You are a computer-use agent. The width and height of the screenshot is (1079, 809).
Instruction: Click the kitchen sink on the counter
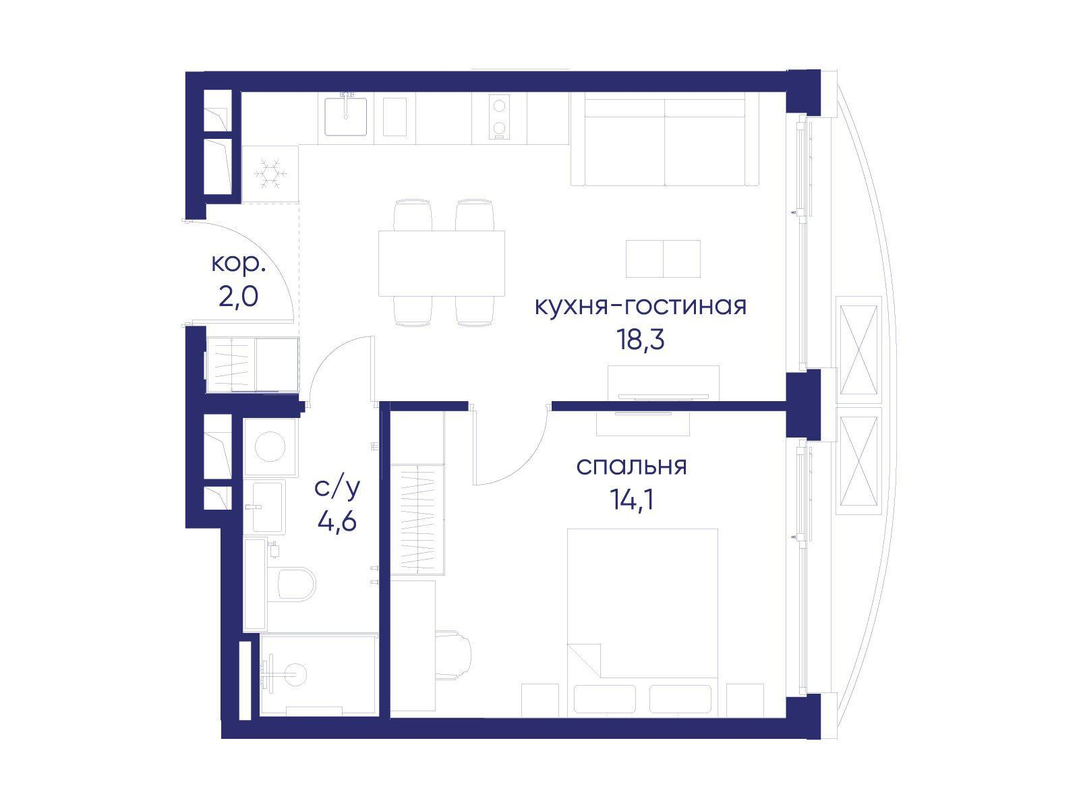(x=346, y=117)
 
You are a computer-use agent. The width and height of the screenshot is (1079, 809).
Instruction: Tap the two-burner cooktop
(x=500, y=118)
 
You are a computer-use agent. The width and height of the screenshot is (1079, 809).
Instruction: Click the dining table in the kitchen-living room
(x=442, y=263)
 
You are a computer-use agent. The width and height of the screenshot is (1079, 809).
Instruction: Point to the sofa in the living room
(x=665, y=140)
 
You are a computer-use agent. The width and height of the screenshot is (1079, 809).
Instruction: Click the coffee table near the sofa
(x=663, y=258)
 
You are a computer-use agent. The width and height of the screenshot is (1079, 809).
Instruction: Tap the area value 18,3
(x=640, y=340)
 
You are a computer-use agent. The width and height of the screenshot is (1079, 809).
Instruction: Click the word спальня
(x=631, y=466)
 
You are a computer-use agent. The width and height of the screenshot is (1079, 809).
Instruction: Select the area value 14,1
(x=631, y=500)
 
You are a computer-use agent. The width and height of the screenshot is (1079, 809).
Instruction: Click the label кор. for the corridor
(x=239, y=263)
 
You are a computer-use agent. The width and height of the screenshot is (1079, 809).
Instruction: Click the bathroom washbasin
(x=268, y=507)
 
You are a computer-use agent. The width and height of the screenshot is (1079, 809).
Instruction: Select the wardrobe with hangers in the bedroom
(x=417, y=519)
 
